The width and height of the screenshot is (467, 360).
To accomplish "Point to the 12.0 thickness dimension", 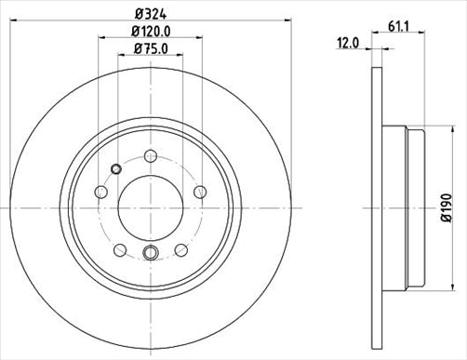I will click(x=349, y=43).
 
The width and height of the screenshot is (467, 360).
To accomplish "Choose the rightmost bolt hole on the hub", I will click(x=198, y=191).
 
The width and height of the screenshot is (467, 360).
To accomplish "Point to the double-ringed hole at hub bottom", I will click(x=151, y=252).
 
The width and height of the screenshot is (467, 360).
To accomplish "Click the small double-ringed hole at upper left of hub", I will click(x=115, y=168).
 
